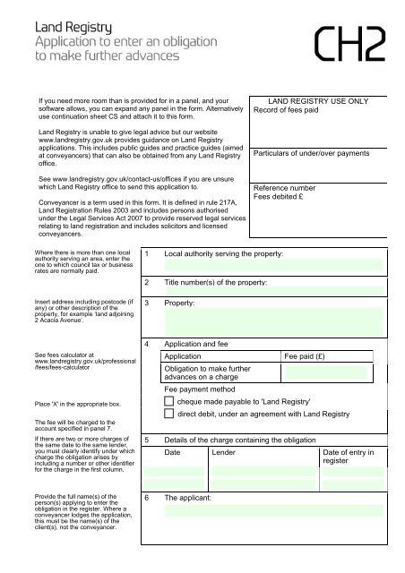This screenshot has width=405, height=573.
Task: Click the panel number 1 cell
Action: click(147, 255)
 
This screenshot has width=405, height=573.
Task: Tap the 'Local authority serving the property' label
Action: click(224, 255)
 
